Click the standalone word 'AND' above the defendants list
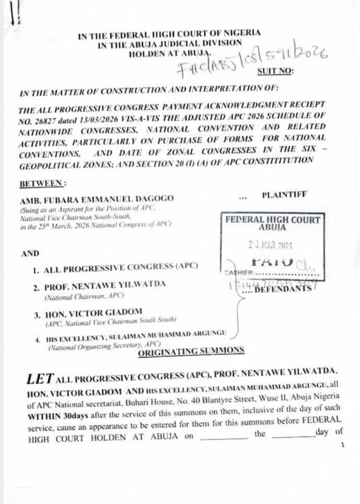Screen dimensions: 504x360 [x=26, y=254]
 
